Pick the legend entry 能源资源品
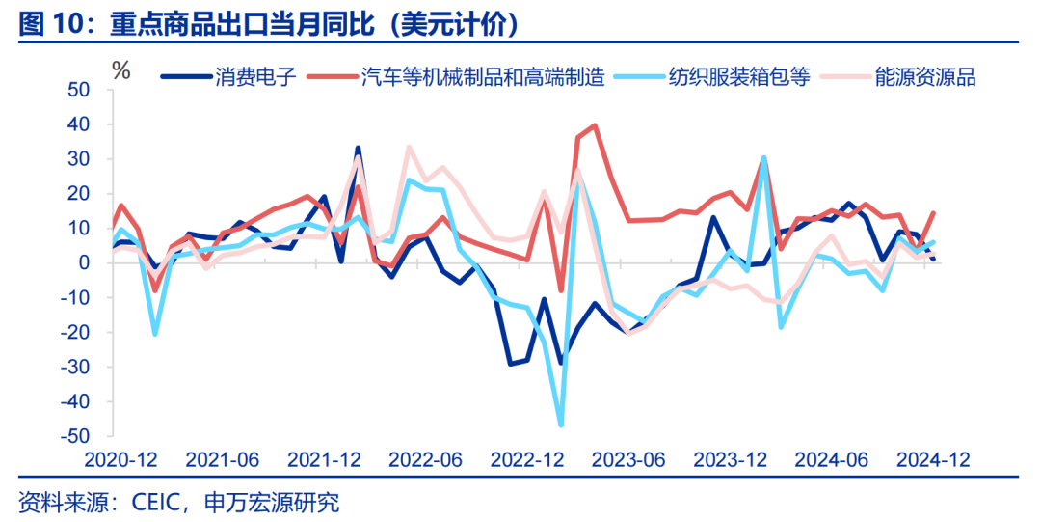pos(925,77)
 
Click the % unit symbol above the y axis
pos(120,69)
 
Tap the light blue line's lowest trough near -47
pos(561,425)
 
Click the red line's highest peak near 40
pos(595,125)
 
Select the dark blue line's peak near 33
pos(358,149)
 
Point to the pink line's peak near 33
pos(409,147)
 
